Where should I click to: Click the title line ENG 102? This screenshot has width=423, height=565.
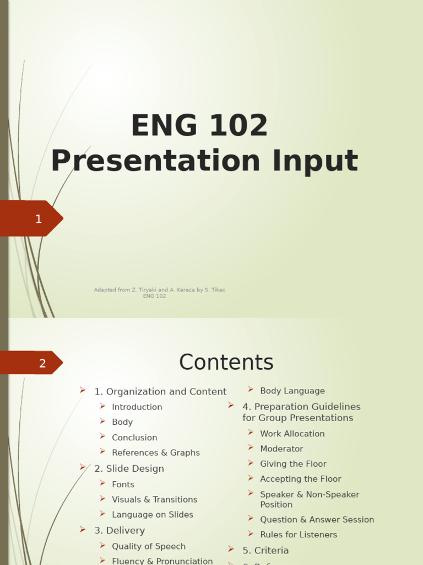[199, 126]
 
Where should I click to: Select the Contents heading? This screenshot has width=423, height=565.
[226, 363]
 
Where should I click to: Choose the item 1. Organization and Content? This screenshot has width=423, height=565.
[160, 392]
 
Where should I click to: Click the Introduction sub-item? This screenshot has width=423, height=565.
[137, 407]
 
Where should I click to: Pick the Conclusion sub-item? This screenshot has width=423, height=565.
[134, 438]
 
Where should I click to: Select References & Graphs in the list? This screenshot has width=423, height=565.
[155, 453]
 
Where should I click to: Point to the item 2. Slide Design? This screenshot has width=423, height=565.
[129, 469]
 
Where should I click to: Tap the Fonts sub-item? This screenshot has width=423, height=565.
[123, 484]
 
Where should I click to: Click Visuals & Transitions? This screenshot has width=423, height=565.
[154, 500]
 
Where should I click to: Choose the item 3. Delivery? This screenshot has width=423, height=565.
[120, 531]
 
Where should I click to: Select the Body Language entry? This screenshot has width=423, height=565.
[292, 391]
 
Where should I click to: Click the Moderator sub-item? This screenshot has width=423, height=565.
[281, 449]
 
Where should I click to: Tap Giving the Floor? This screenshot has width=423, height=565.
[293, 464]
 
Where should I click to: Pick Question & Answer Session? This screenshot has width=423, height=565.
[317, 520]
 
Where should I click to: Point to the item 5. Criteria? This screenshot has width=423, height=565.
[265, 551]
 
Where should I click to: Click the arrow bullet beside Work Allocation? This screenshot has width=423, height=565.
[251, 433]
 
